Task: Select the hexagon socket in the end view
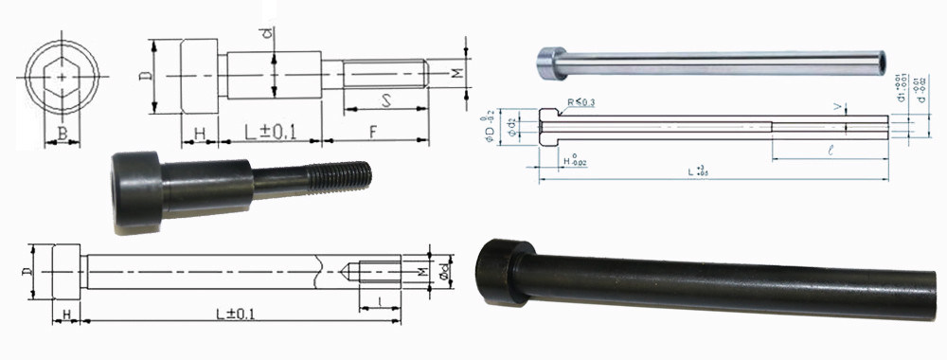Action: click(63, 75)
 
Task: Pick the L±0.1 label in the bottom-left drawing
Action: click(234, 315)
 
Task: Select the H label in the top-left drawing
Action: click(200, 134)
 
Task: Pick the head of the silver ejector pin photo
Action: click(548, 59)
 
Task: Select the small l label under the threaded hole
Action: click(381, 300)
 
